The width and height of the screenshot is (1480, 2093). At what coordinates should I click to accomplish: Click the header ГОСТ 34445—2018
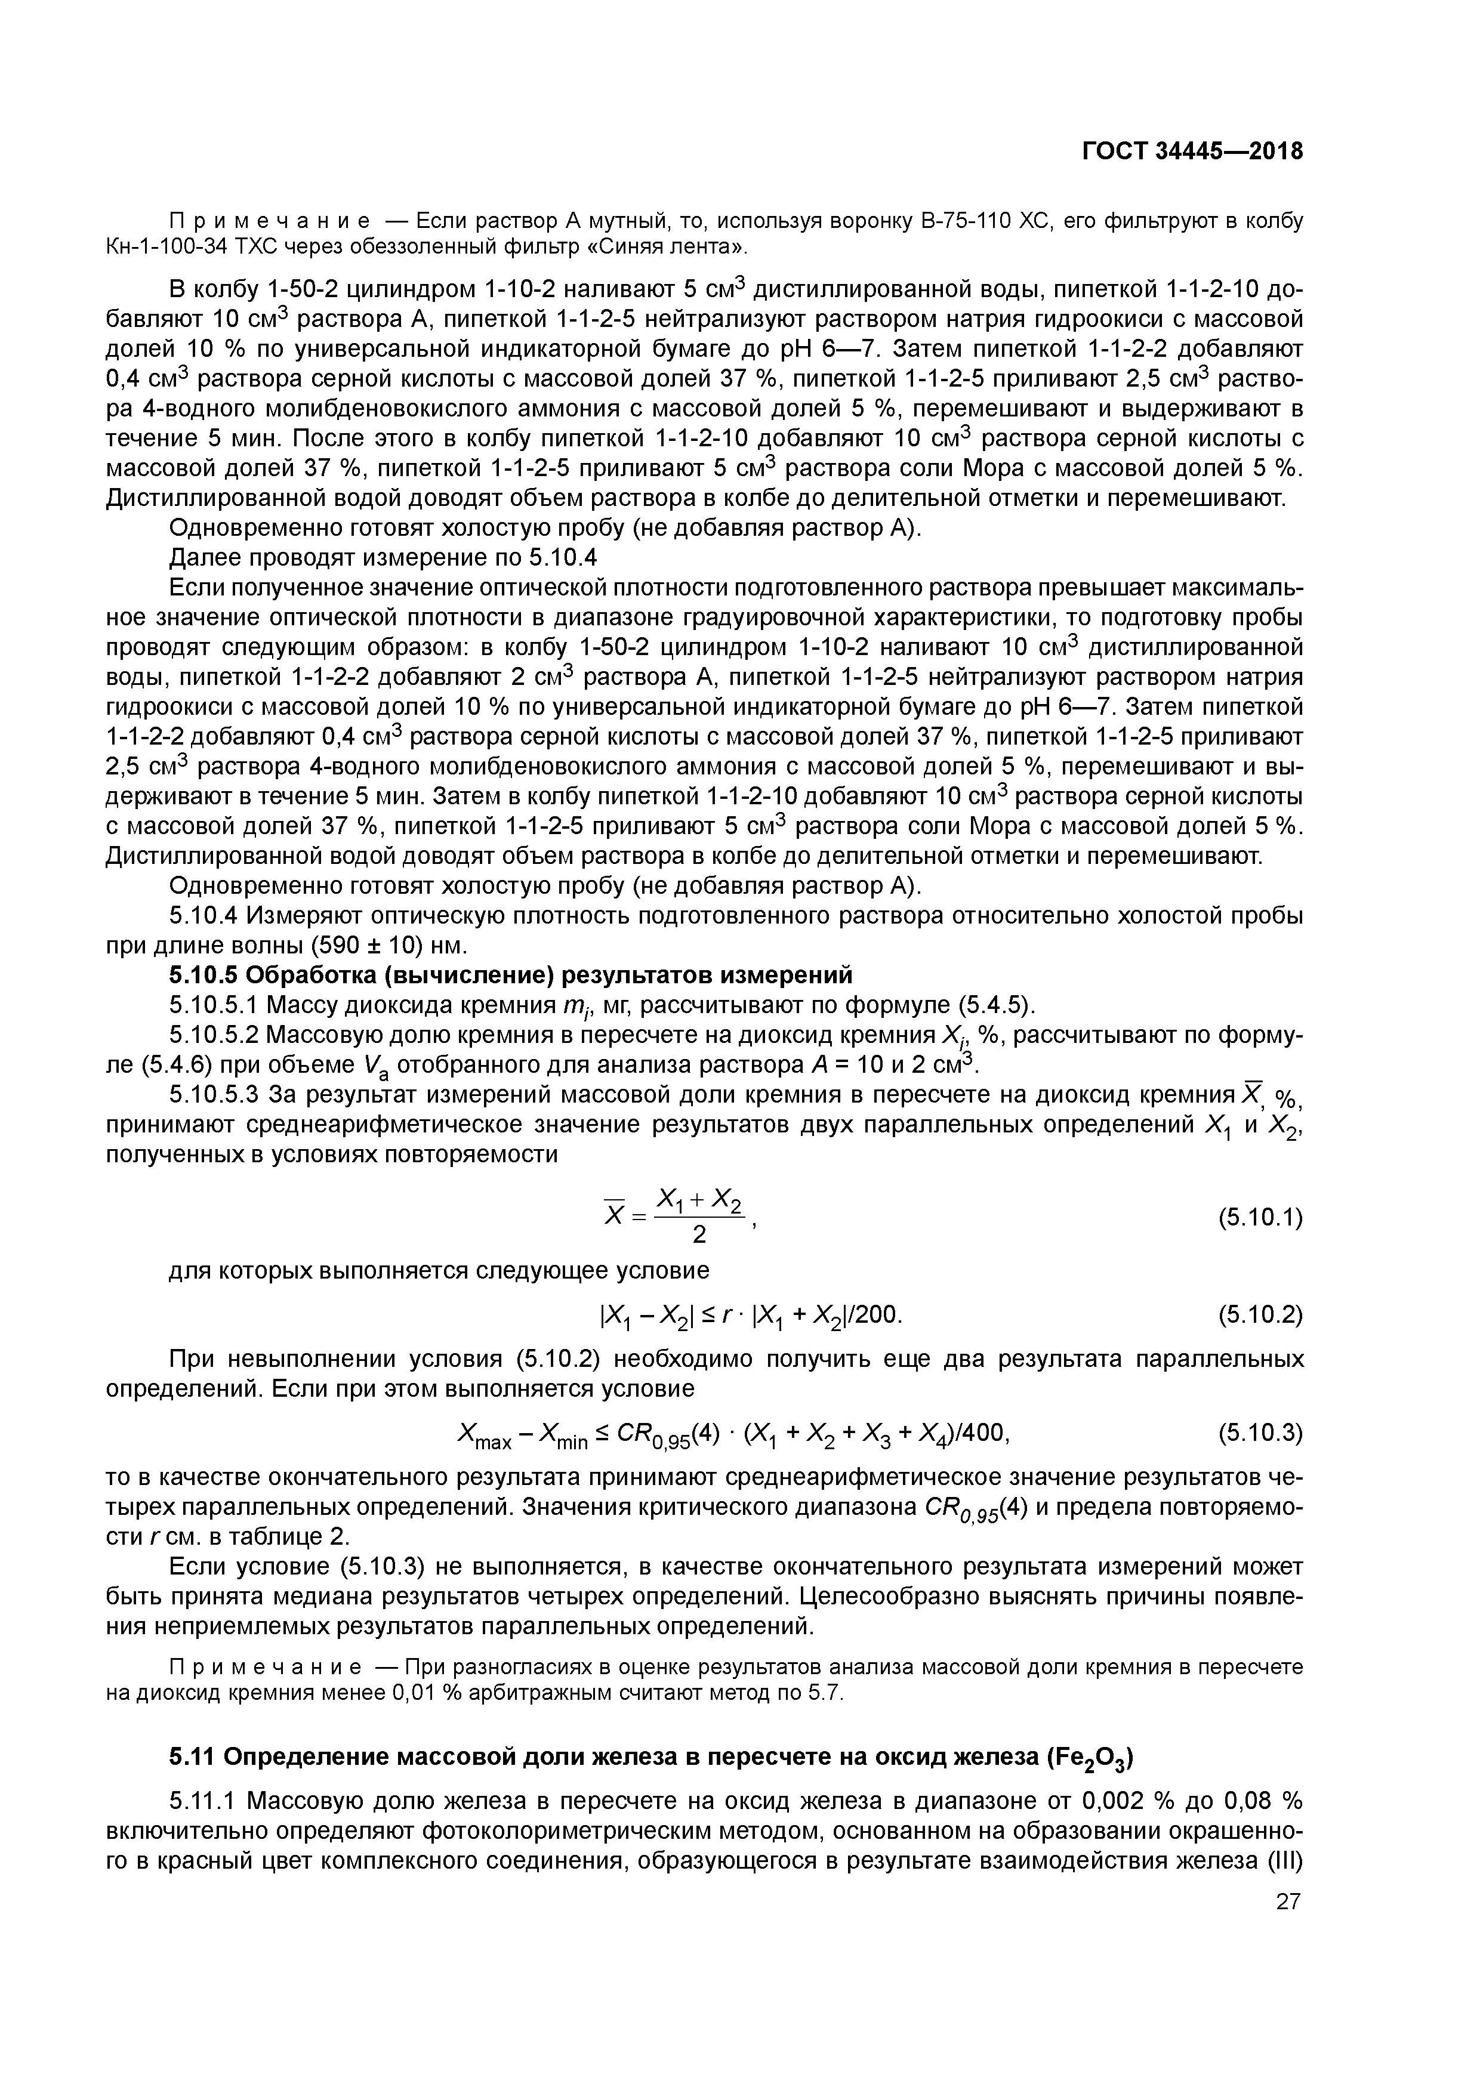[x=1192, y=152]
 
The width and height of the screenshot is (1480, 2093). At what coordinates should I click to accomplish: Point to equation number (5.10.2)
[x=1260, y=1316]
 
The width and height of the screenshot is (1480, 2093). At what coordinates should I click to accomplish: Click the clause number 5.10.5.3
[x=214, y=1095]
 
